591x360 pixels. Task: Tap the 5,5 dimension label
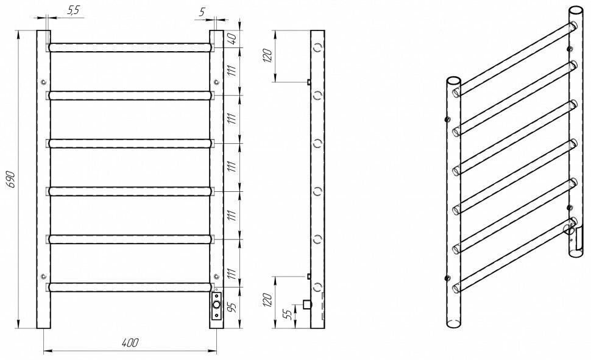point(74,11)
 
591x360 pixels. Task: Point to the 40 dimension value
point(232,37)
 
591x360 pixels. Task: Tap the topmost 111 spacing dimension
point(232,71)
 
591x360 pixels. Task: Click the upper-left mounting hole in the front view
point(43,82)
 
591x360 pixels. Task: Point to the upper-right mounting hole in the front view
point(216,82)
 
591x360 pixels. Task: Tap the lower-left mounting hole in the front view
point(43,277)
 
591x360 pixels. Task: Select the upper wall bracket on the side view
point(309,82)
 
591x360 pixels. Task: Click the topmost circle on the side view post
point(317,47)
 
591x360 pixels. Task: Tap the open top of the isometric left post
point(453,80)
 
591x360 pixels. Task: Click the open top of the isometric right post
point(576,12)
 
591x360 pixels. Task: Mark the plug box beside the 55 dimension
point(307,303)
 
